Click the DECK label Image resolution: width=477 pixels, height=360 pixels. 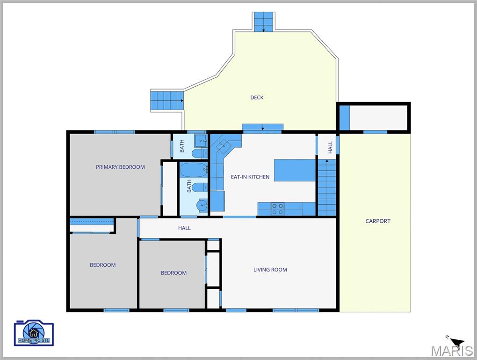257,97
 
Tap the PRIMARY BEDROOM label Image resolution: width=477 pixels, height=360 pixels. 120,167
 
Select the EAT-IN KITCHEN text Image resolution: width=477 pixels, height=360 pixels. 250,177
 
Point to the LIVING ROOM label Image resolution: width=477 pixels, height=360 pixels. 270,270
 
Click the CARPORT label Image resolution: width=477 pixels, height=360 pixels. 378,221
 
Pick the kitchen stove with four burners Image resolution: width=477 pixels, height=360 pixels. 278,209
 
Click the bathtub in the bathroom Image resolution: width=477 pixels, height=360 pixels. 192,170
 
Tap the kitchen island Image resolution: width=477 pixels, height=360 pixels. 295,170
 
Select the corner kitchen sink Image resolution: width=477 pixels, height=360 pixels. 224,144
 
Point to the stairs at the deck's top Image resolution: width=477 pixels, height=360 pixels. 264,22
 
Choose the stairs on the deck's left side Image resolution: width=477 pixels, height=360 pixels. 166,100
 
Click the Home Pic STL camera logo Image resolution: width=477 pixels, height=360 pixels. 34,333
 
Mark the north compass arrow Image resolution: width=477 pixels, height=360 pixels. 457,343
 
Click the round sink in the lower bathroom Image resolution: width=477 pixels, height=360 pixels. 202,205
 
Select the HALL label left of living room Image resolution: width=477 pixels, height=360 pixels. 184,228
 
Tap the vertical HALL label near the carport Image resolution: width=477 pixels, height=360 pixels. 330,147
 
